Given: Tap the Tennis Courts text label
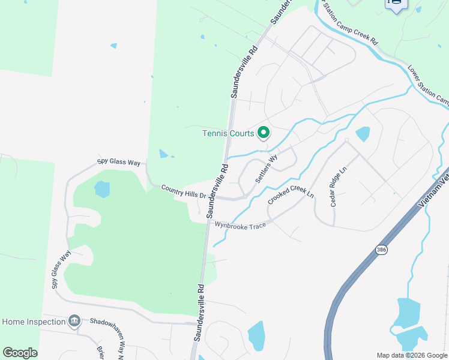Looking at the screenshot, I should pyautogui.click(x=228, y=133).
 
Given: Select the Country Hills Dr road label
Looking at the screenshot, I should pyautogui.click(x=183, y=191).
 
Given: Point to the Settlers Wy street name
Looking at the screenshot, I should pyautogui.click(x=267, y=169).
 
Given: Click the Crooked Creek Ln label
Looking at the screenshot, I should pyautogui.click(x=291, y=195).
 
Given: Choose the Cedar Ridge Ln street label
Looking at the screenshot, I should pyautogui.click(x=339, y=187).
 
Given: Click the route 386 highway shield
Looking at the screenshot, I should pyautogui.click(x=381, y=249).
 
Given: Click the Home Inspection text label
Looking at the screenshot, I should pyautogui.click(x=34, y=322).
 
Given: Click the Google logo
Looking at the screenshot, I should pyautogui.click(x=20, y=352).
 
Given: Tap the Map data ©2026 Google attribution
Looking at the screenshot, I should pyautogui.click(x=411, y=355).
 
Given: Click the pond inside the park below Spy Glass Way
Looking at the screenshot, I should pyautogui.click(x=102, y=190).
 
